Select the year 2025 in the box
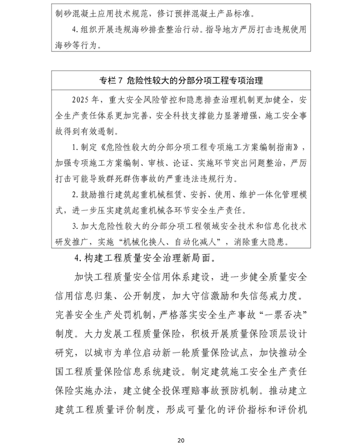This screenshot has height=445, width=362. [81, 100]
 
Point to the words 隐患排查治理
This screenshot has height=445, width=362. [209, 100]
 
